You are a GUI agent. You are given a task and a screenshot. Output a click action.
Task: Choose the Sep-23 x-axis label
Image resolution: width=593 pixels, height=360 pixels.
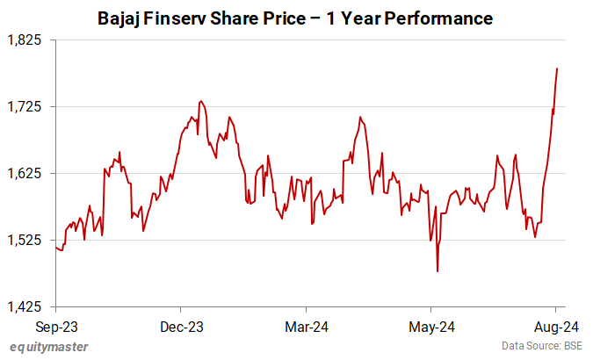click(56, 327)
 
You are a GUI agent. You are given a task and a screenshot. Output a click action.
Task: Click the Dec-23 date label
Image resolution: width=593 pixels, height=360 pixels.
click(182, 327)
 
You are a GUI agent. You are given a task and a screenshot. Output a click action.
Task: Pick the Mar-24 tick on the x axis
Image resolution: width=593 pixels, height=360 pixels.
click(307, 327)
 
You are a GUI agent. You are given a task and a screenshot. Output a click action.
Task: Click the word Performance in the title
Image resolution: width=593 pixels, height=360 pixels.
click(443, 18)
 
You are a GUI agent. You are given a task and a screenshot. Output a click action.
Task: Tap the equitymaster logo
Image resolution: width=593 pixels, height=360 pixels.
click(49, 347)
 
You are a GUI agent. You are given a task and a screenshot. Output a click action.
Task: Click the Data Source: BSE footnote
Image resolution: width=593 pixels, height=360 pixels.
click(542, 347)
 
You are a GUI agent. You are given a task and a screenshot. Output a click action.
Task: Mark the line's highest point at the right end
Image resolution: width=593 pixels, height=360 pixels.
click(557, 68)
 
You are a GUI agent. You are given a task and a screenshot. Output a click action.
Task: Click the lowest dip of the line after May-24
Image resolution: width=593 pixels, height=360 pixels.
click(438, 271)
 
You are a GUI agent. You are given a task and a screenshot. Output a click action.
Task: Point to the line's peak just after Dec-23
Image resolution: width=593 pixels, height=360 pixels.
click(201, 101)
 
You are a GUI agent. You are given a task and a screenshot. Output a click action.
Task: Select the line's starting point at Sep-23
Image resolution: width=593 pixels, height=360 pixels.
click(56, 248)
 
